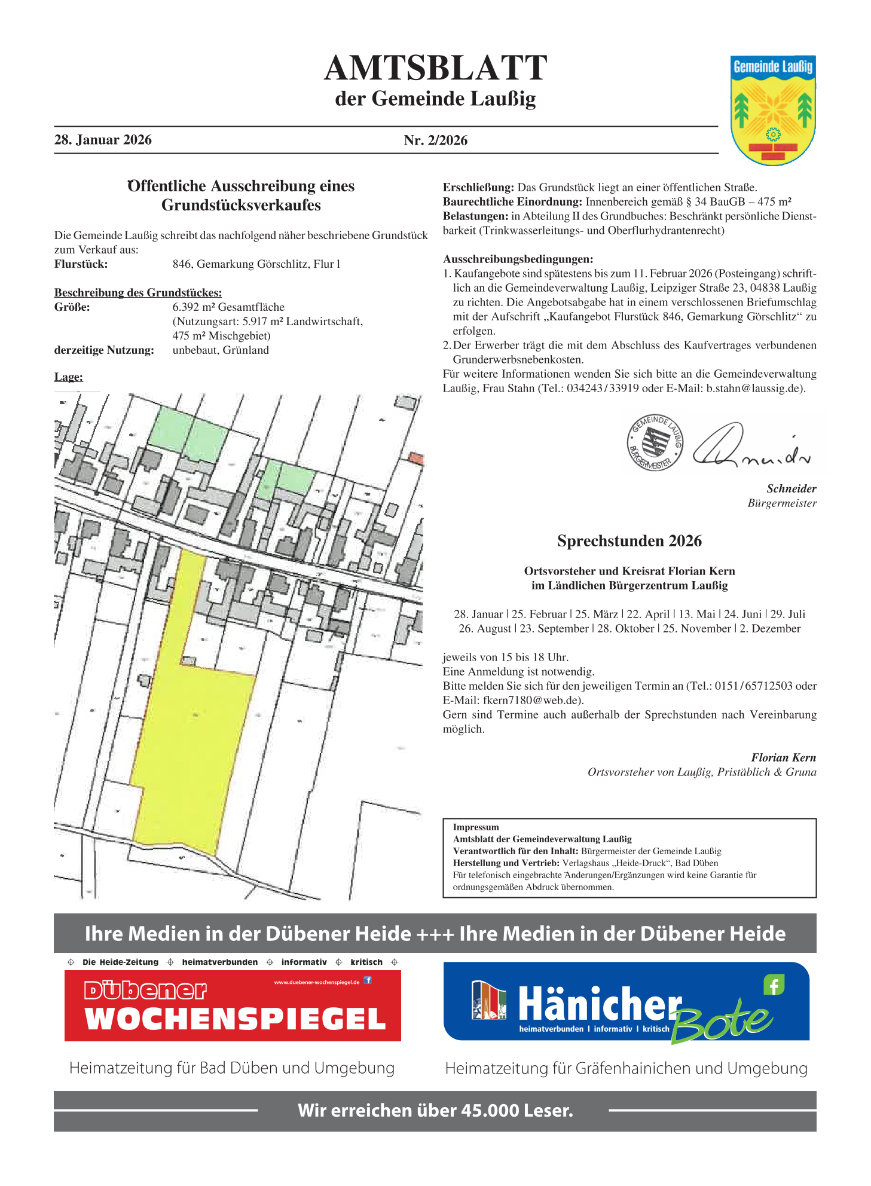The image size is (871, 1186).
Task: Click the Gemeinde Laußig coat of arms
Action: click(x=772, y=111)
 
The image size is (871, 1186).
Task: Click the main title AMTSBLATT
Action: click(x=435, y=68)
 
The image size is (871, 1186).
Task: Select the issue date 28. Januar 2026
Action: click(x=103, y=140)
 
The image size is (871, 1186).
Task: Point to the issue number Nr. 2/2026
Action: click(x=435, y=140)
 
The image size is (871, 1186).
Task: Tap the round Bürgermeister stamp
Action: click(x=655, y=443)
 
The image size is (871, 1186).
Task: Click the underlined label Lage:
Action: click(x=68, y=377)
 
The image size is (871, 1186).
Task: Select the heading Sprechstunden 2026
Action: click(x=629, y=541)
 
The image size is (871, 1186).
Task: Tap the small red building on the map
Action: click(x=416, y=458)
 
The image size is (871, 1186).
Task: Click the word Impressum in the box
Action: click(x=475, y=827)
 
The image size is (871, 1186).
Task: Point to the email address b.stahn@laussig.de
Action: click(x=755, y=389)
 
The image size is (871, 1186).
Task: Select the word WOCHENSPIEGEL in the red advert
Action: click(x=235, y=1019)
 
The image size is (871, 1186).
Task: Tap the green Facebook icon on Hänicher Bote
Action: click(x=774, y=985)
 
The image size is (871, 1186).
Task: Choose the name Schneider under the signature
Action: click(x=791, y=489)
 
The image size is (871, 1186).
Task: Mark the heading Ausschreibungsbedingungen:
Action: click(x=518, y=259)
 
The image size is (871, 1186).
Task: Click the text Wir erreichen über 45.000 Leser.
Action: click(x=435, y=1111)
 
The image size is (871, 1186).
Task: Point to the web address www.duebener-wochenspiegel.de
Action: click(x=316, y=982)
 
